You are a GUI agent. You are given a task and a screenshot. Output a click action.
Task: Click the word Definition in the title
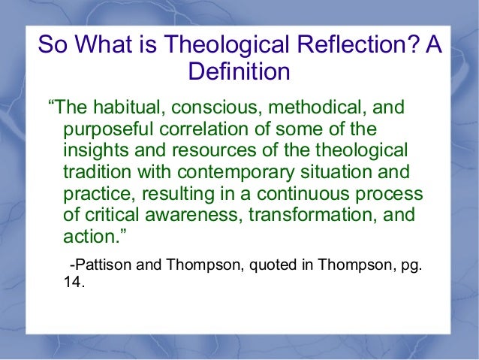[x=238, y=73]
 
